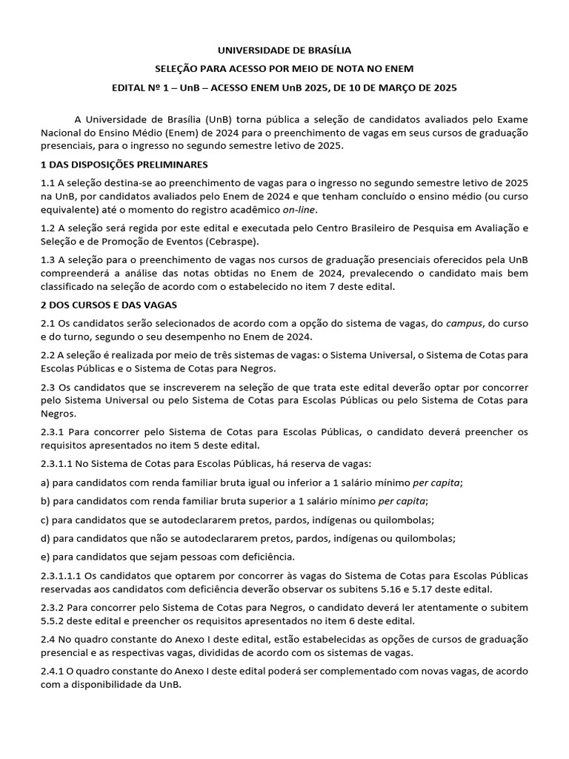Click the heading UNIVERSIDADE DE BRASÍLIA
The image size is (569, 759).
click(284, 50)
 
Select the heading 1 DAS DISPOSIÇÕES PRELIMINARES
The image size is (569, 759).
click(124, 164)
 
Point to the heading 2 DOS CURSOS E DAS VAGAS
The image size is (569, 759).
click(108, 305)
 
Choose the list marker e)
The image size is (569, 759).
click(46, 557)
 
